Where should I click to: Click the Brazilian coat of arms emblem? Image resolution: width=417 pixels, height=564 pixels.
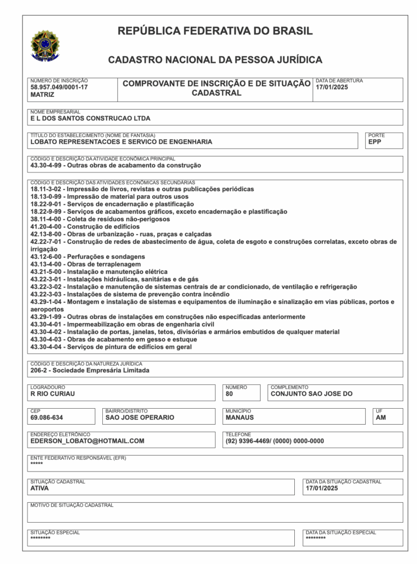[45, 45]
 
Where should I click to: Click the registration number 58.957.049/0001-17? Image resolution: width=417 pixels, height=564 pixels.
[59, 87]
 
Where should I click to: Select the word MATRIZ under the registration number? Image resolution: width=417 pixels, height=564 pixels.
[42, 95]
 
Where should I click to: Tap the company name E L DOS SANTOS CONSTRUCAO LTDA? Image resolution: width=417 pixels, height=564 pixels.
[90, 118]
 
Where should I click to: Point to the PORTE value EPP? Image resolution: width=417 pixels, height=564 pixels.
[375, 142]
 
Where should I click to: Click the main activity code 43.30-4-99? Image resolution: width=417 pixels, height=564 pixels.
[47, 165]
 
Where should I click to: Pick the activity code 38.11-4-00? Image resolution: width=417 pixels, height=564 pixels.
[47, 219]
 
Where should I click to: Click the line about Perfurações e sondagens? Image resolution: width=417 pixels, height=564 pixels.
[87, 257]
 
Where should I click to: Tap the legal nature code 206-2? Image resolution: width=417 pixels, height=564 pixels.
[39, 371]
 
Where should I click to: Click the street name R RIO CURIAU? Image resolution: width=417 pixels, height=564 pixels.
[52, 394]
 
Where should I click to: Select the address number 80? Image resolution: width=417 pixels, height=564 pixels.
[229, 394]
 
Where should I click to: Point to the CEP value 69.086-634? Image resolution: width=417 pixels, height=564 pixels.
[47, 417]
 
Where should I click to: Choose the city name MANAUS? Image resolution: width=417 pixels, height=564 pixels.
[239, 417]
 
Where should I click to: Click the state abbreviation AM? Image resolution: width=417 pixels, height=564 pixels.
[381, 417]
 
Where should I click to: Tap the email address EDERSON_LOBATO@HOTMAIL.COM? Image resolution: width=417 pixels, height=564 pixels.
[87, 441]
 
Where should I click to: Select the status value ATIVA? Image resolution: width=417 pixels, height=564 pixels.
[40, 488]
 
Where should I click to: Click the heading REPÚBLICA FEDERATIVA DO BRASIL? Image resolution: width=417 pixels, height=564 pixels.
[215, 31]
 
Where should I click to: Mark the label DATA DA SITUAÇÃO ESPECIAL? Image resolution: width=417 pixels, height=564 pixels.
[341, 533]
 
